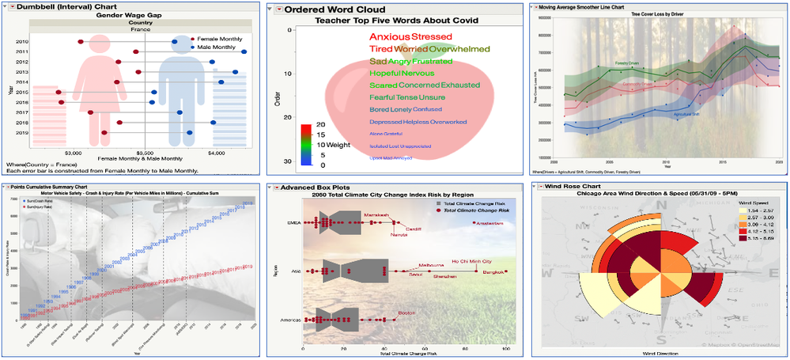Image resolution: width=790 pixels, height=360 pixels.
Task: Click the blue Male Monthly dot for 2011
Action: tap(244, 51)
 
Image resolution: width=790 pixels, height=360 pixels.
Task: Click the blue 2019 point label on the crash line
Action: tap(248, 204)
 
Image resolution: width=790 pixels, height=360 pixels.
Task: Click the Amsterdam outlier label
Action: tap(488, 223)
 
